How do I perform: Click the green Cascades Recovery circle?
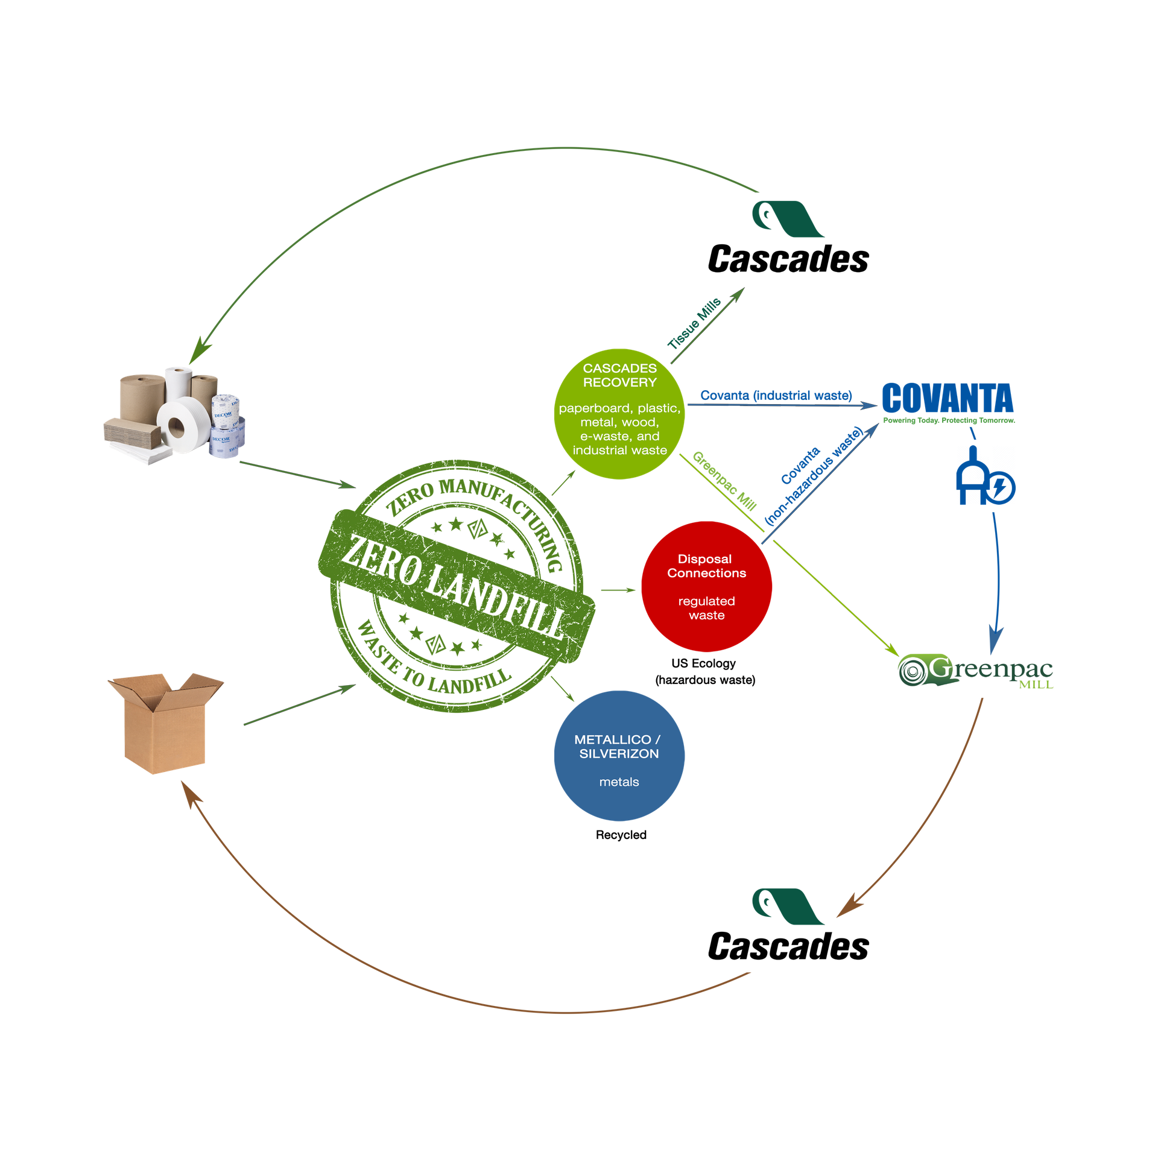point(619,414)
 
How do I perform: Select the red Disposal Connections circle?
point(706,586)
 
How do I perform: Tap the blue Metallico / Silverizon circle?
point(619,756)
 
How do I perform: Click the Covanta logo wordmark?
point(948,397)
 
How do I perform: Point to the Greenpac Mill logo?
point(975,670)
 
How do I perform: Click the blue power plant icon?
point(986,476)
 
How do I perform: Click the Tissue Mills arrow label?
point(694,323)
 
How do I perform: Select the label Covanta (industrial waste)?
point(776,395)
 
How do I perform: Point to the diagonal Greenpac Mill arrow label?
point(724,481)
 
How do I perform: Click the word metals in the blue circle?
point(619,782)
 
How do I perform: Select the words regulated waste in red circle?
point(706,608)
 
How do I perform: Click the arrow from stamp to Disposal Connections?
point(618,590)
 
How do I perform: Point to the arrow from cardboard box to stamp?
point(299,704)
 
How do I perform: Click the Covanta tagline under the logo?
point(948,420)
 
